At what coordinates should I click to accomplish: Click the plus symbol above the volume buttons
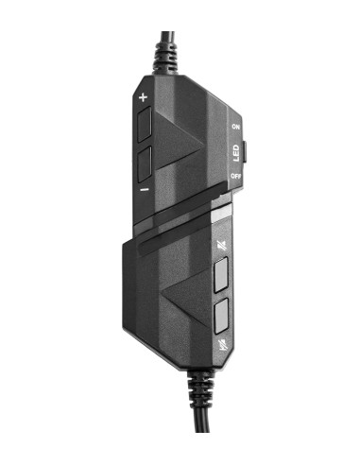click(144, 97)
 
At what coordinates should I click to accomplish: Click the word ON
click(235, 126)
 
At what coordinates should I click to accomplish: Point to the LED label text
click(235, 151)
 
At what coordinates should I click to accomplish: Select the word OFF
click(235, 177)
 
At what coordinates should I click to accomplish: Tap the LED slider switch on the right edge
click(246, 150)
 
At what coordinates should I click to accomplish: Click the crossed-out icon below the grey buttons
click(221, 343)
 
